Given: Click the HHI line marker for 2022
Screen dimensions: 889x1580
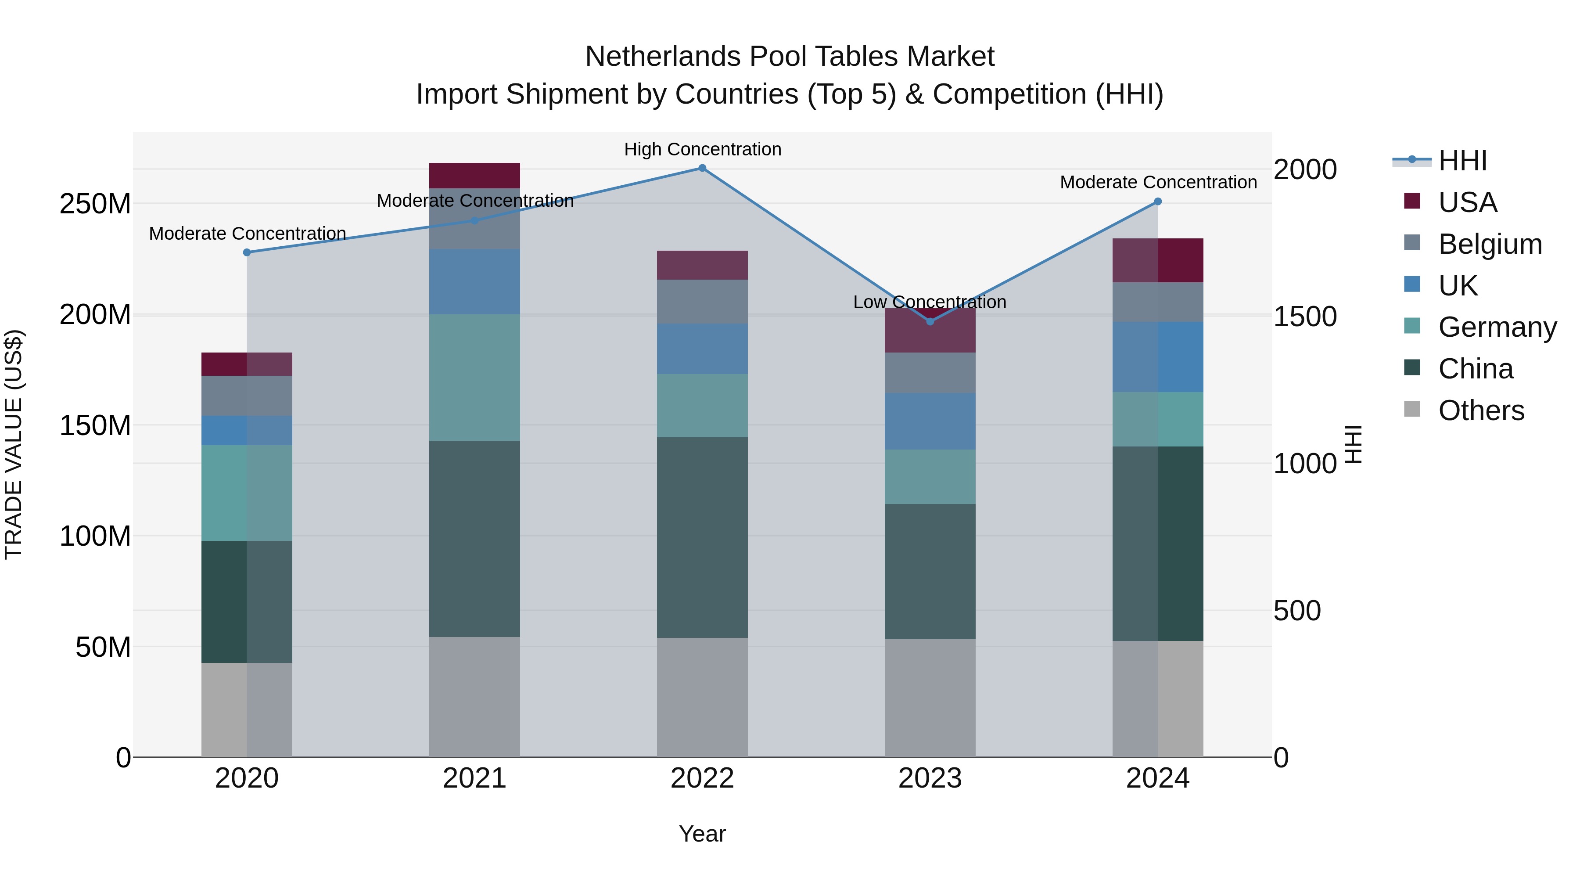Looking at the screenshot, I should tap(702, 168).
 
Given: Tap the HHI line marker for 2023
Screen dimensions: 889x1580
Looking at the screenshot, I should tap(930, 321).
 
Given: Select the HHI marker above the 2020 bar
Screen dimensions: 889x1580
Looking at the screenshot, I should tap(247, 252).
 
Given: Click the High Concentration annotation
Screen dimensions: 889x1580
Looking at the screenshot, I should tap(702, 149).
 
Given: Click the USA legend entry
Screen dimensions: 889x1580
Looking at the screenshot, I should tap(1467, 202).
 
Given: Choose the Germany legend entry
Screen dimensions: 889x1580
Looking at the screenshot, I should tap(1497, 327).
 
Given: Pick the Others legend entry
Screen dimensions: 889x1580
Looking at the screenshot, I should tap(1481, 410).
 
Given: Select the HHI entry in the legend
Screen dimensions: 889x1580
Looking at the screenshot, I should tap(1462, 161).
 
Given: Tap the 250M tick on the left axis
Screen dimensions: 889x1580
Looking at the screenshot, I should tap(95, 204).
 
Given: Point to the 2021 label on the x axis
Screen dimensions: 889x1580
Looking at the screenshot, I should tap(474, 778).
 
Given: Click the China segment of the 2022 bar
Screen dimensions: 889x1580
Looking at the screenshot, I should tap(702, 537).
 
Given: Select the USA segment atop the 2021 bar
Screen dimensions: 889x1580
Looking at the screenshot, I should tap(474, 176).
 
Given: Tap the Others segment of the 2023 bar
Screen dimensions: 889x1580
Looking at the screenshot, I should tap(930, 698).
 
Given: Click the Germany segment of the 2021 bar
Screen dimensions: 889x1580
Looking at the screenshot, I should tap(474, 377).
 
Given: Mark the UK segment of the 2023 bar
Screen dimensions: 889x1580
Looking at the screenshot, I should tap(930, 421).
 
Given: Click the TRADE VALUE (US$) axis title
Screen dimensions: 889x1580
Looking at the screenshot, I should tap(14, 444).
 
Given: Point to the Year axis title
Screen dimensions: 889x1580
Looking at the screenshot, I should tap(702, 834).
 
